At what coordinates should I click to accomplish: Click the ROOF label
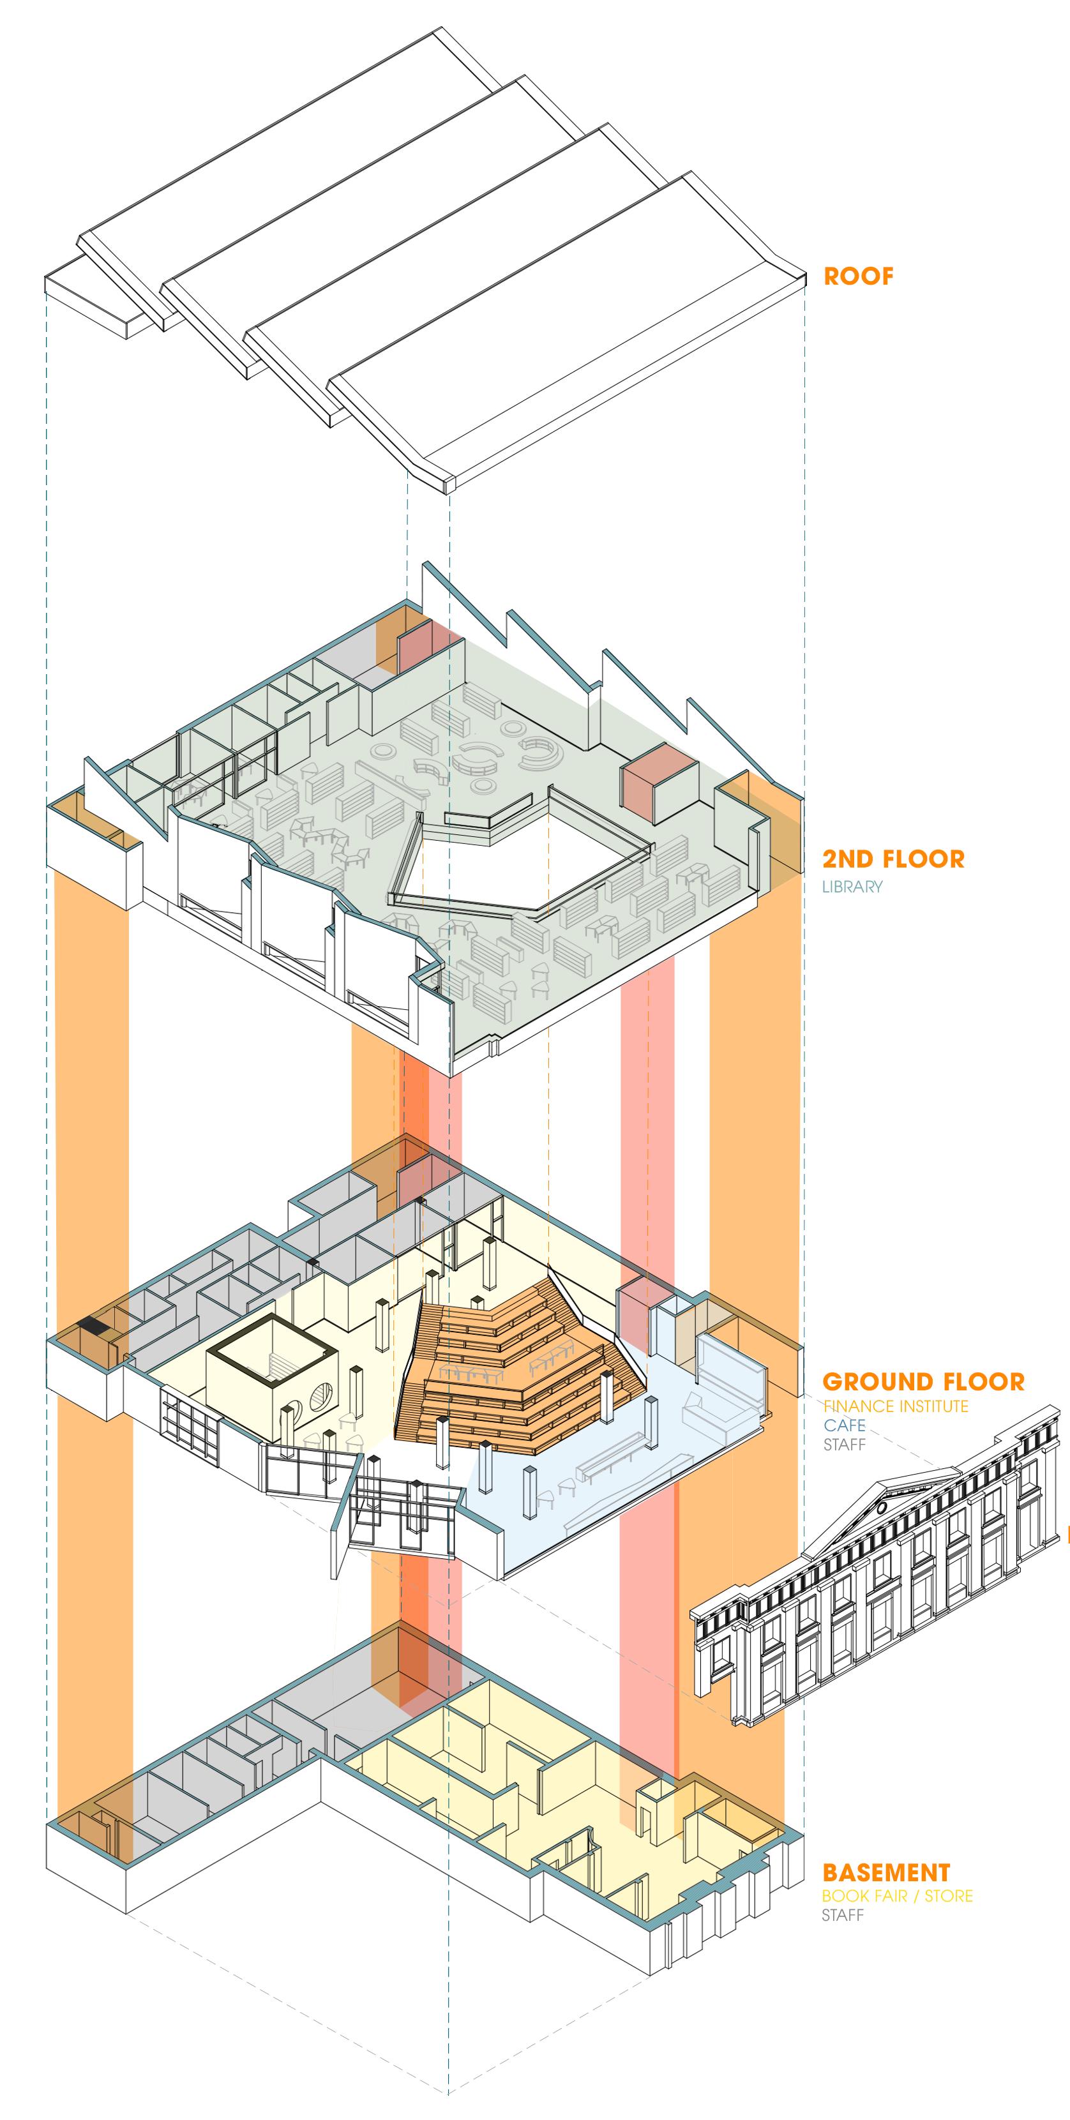point(857,276)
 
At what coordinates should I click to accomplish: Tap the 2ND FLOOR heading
point(893,859)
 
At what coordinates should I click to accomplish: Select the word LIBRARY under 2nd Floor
point(852,886)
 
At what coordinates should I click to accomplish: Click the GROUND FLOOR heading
point(923,1382)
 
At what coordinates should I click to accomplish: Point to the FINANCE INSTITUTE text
point(896,1406)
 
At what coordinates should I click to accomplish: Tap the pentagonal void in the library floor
point(527,864)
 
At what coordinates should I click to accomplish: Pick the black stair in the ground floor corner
point(93,1327)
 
